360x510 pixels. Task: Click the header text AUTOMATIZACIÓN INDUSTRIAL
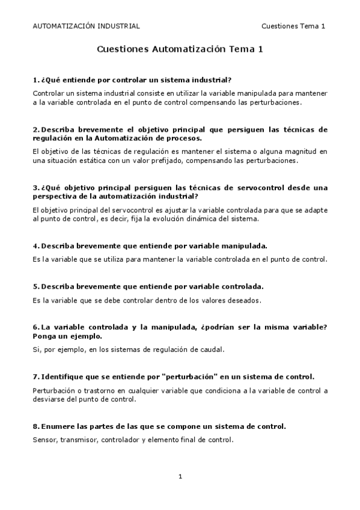tap(85, 26)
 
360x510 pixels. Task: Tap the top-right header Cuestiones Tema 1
tap(293, 26)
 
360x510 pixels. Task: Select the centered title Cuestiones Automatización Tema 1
tap(180, 51)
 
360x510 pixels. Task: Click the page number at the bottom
tap(180, 477)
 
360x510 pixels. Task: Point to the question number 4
tap(35, 246)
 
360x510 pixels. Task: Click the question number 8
tap(35, 426)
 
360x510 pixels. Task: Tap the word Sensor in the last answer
tap(44, 440)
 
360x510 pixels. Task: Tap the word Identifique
tap(65, 376)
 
